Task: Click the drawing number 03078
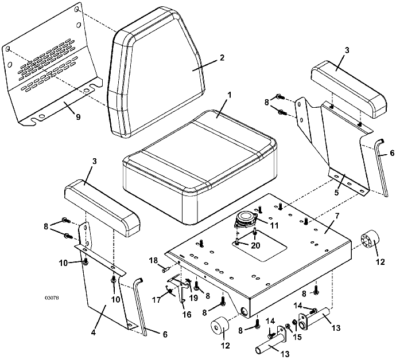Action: (52, 298)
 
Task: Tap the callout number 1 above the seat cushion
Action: (230, 95)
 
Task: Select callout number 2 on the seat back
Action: (222, 57)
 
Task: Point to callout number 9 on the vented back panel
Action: (78, 117)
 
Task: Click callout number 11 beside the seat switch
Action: (274, 225)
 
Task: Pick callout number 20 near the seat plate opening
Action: (255, 245)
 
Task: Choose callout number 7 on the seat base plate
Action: (337, 216)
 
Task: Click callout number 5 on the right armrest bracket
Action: (336, 192)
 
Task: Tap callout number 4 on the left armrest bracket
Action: (93, 332)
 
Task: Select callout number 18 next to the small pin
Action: (153, 260)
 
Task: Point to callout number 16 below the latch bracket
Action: (187, 314)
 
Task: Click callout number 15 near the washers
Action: (298, 337)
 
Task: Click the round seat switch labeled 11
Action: (246, 218)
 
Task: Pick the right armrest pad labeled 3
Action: (349, 89)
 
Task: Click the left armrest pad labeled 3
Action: (102, 208)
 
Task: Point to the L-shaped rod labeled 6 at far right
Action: (381, 167)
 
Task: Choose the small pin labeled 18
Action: (166, 270)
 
